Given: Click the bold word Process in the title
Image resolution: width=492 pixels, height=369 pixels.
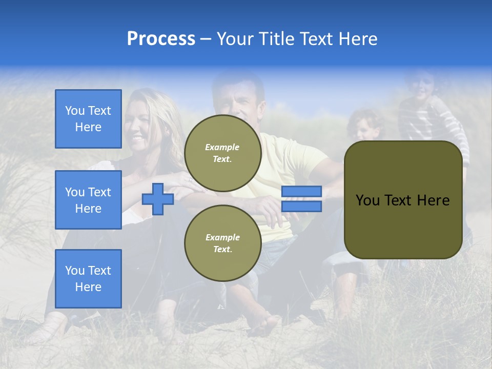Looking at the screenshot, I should point(161,39).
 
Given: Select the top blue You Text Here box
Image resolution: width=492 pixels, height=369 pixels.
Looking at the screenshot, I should point(88,119).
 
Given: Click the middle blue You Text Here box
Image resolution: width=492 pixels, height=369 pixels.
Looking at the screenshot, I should point(88,200).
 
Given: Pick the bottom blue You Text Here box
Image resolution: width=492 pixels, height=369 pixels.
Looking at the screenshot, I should point(88,278).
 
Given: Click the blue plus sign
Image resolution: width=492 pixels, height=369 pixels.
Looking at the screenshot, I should point(157,199).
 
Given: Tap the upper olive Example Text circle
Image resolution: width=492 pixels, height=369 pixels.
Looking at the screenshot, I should point(222,153).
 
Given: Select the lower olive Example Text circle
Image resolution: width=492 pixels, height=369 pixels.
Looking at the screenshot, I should point(222,243).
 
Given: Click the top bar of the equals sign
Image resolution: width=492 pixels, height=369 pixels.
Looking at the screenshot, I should point(301,192).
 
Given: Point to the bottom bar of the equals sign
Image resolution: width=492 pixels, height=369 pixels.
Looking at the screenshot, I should point(301,207).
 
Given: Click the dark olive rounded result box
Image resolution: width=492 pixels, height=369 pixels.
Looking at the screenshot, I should point(403,200).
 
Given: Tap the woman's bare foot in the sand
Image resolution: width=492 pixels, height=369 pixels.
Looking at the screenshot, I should point(49,328).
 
